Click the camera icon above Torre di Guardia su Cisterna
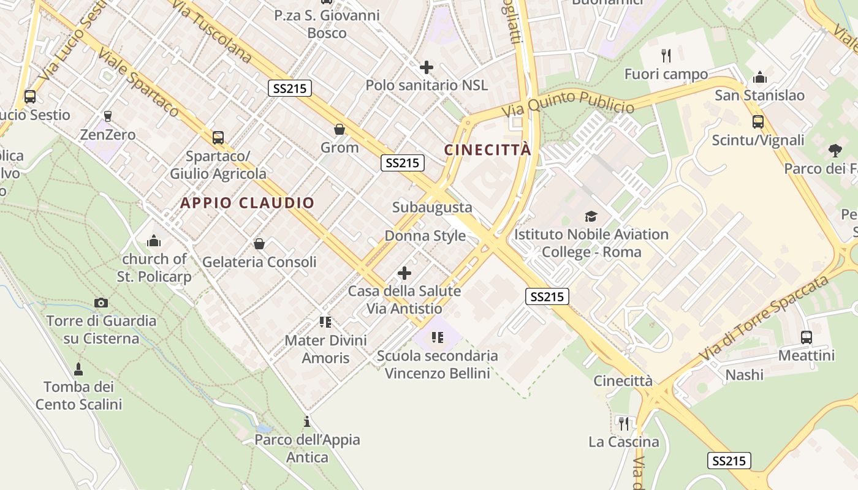101,303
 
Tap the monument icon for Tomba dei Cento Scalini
78,369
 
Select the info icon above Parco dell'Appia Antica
307,421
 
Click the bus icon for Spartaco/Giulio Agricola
218,138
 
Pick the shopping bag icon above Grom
340,129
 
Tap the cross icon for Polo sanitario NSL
427,67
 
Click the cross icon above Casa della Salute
404,273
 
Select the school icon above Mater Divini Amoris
325,322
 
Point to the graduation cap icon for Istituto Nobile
591,216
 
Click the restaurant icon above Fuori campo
666,56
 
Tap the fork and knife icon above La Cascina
624,423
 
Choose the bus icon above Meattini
807,337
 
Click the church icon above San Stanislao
760,77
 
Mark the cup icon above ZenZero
108,116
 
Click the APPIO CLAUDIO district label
247,203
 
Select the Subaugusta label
432,207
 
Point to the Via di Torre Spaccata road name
765,318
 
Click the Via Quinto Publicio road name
568,104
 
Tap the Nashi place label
744,374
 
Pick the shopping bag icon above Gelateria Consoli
259,244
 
